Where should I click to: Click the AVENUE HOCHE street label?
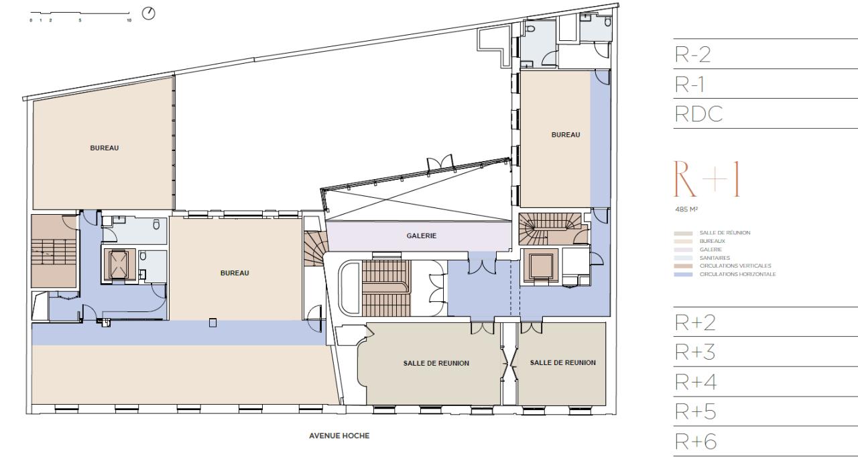pyautogui.click(x=339, y=436)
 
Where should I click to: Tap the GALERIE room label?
pyautogui.click(x=422, y=236)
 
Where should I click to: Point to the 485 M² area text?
pyautogui.click(x=683, y=208)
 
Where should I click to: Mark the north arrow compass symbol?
pyautogui.click(x=149, y=13)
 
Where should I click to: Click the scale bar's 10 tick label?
pyautogui.click(x=129, y=21)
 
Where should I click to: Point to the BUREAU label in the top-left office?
pyautogui.click(x=105, y=148)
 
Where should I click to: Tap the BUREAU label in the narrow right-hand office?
pyautogui.click(x=565, y=135)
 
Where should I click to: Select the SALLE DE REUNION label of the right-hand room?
pyautogui.click(x=562, y=362)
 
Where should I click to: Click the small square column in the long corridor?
pyautogui.click(x=213, y=322)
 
